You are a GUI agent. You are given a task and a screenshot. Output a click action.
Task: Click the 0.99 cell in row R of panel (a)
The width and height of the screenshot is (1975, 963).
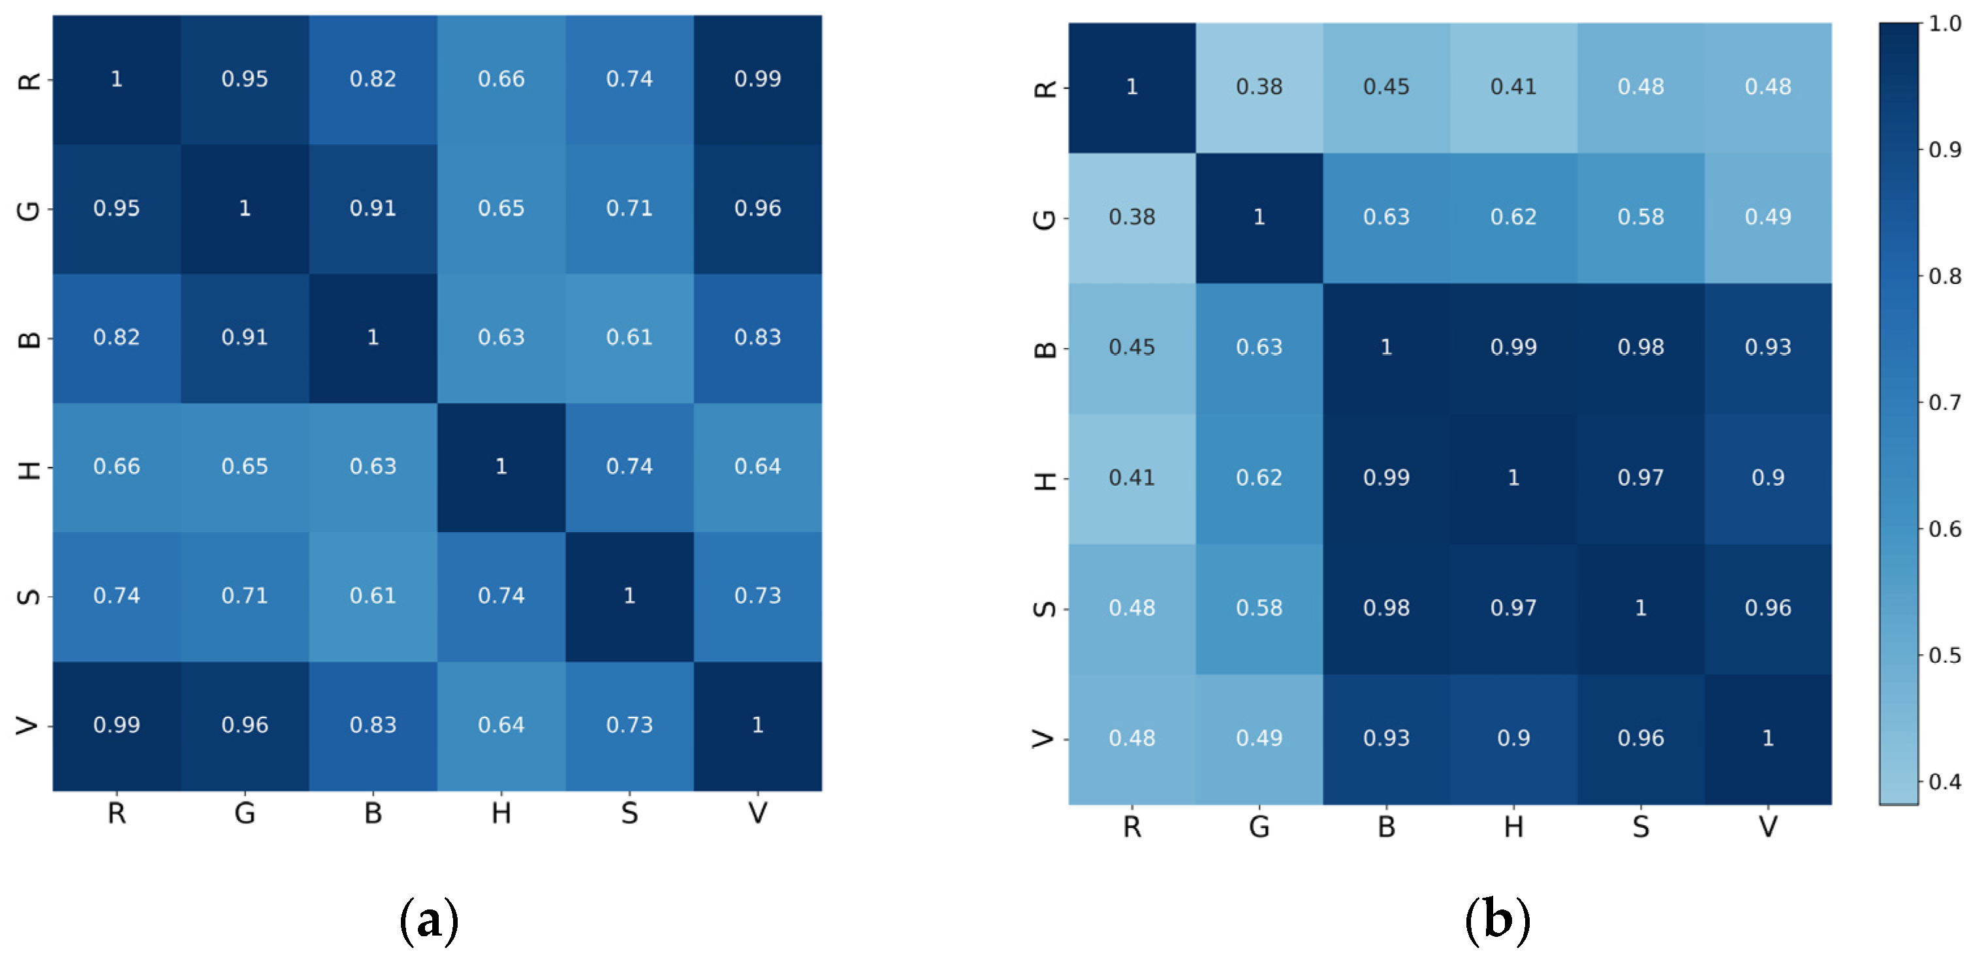(x=757, y=79)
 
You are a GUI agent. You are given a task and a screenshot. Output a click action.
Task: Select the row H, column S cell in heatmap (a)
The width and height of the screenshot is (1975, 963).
(x=629, y=466)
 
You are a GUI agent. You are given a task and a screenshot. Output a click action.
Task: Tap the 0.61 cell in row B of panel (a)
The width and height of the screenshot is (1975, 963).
(x=629, y=338)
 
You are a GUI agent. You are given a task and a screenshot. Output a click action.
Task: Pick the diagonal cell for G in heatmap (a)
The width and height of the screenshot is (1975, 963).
(x=245, y=208)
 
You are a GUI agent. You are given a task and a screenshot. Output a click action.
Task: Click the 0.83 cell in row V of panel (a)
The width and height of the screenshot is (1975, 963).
(x=373, y=725)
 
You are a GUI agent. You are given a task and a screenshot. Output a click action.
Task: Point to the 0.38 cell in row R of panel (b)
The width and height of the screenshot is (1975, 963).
(x=1259, y=87)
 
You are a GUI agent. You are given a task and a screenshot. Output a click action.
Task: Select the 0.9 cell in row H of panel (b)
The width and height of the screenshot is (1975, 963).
(x=1768, y=478)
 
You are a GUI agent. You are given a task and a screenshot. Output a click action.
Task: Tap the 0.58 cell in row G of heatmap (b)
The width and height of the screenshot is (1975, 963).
(x=1641, y=217)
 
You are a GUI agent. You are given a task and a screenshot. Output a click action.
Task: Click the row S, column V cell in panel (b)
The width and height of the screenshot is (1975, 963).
(x=1768, y=608)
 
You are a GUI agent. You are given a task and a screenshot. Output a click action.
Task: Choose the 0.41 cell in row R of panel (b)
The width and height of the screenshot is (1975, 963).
(x=1513, y=87)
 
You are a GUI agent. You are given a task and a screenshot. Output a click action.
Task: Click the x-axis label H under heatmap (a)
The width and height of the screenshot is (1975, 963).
(x=501, y=813)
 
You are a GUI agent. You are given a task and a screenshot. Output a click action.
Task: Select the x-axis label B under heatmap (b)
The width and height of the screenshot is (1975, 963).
(x=1386, y=827)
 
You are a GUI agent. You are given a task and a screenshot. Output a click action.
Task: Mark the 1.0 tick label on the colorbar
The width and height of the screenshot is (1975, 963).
(x=1944, y=24)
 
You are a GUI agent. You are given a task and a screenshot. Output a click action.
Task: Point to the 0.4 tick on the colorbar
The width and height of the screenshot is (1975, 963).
(x=1944, y=781)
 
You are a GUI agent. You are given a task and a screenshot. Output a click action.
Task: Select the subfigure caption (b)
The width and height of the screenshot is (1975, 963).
(x=1496, y=921)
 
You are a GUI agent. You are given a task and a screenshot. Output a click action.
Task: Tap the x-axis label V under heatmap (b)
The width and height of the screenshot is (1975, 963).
(x=1768, y=827)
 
